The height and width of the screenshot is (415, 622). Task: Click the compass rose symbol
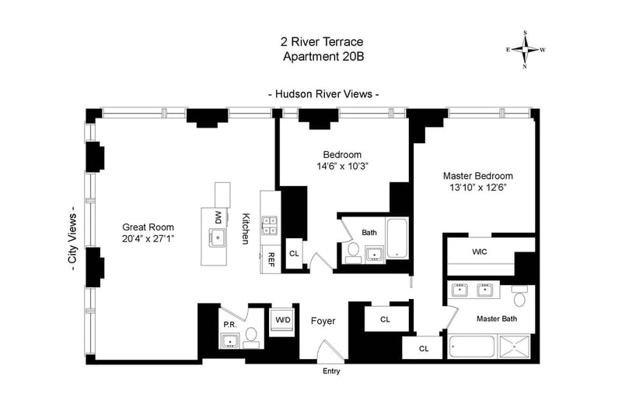(x=526, y=50)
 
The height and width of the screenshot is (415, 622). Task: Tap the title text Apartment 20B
(x=323, y=56)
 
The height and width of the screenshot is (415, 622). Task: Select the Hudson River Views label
(x=323, y=94)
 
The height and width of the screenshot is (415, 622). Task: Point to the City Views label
(x=72, y=242)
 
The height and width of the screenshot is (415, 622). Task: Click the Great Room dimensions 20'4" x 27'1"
(x=149, y=239)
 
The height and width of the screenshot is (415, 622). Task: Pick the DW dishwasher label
(x=218, y=217)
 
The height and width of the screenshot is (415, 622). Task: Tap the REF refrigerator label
(x=272, y=260)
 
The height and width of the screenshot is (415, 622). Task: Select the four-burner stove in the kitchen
(x=270, y=226)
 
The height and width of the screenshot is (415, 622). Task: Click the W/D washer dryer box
(x=282, y=320)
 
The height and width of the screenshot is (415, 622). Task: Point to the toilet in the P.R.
(x=250, y=338)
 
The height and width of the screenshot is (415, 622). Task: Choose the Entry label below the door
(x=331, y=371)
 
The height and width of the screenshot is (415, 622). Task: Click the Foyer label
(x=323, y=321)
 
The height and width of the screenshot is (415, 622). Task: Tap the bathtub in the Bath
(x=397, y=238)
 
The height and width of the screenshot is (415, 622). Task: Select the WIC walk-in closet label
(x=480, y=251)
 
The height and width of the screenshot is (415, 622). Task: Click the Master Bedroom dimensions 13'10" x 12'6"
(x=478, y=188)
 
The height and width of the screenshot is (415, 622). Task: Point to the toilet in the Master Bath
(x=520, y=295)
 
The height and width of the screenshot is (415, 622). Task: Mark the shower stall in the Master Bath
(x=515, y=347)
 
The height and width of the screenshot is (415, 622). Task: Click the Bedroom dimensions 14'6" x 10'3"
(x=343, y=167)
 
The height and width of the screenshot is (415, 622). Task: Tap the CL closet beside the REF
(x=294, y=253)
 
